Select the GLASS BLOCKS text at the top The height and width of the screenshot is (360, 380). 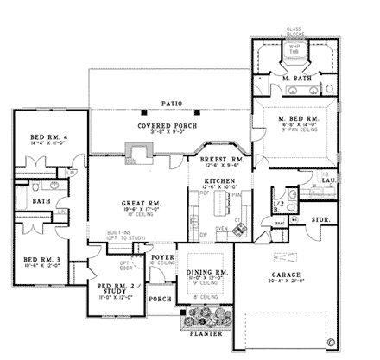click(x=294, y=32)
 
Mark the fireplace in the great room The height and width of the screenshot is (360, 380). click(x=138, y=154)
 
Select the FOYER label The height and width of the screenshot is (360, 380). click(x=162, y=256)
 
